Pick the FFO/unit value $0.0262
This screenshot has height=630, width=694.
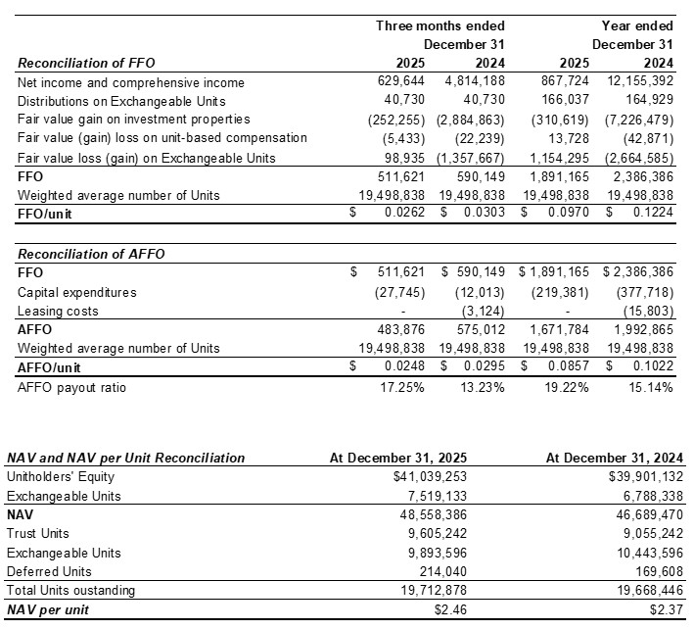pos(398,215)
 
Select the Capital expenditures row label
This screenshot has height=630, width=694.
pos(77,292)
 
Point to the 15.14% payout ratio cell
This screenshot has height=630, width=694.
pos(650,386)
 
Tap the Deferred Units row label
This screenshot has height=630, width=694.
pos(50,571)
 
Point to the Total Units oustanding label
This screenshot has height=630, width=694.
pos(71,590)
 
